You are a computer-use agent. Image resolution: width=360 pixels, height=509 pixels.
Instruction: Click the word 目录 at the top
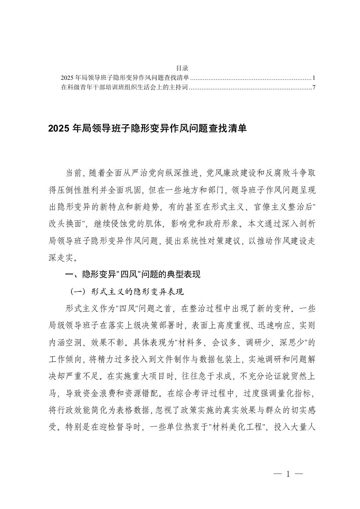[x=179, y=69]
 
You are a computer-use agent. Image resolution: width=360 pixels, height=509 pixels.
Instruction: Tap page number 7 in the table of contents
[x=314, y=87]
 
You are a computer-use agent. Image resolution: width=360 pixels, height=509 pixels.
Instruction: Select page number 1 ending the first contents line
[x=314, y=78]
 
